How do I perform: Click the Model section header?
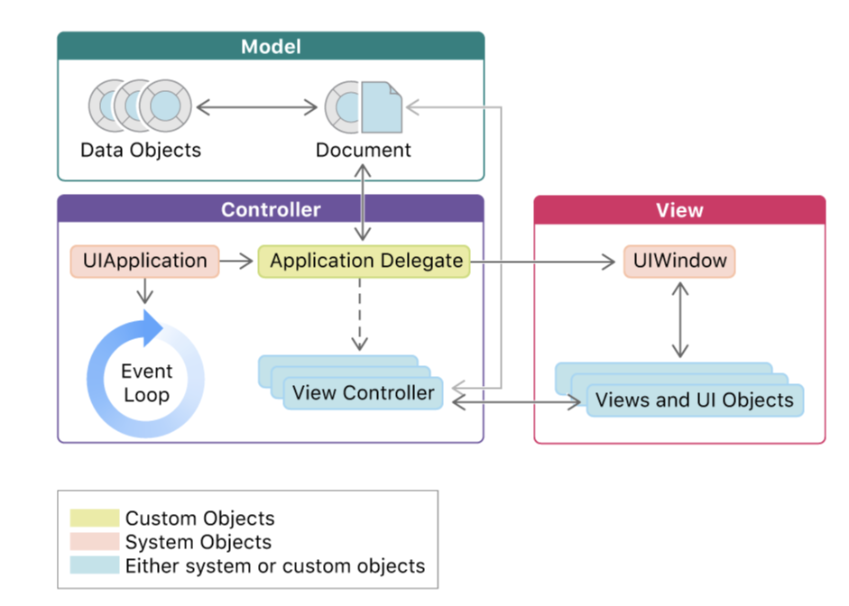(x=271, y=46)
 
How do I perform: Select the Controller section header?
(x=271, y=210)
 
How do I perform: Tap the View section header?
(x=679, y=210)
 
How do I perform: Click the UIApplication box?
(x=144, y=262)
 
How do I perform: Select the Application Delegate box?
(x=365, y=262)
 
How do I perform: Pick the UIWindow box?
(x=679, y=262)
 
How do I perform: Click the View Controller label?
(x=364, y=393)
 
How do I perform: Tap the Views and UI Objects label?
(x=694, y=400)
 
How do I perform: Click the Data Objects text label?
(x=141, y=150)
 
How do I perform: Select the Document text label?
(x=364, y=150)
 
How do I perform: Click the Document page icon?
(x=381, y=107)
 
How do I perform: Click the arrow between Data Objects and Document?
(x=256, y=107)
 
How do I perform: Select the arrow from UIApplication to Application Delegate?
(x=237, y=262)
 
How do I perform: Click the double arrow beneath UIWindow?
(x=679, y=319)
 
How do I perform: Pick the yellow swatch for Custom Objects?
(x=95, y=519)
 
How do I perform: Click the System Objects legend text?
(x=198, y=543)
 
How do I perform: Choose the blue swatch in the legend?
(x=95, y=566)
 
